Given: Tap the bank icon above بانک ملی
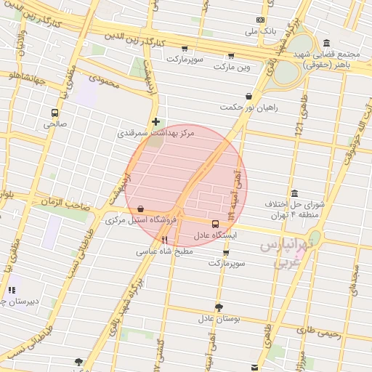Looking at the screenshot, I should (259, 20).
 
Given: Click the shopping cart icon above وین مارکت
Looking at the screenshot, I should (231, 55).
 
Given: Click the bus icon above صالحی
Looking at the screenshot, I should (54, 113).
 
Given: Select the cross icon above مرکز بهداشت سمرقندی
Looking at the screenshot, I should (155, 122).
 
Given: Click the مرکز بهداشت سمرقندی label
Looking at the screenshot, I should (149, 134).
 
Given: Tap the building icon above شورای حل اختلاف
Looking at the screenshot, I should (294, 193).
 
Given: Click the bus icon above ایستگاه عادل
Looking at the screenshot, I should (215, 224).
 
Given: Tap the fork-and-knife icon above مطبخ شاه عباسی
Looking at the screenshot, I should (165, 240).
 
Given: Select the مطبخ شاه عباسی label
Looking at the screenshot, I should (164, 252).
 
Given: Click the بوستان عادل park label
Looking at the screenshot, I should (219, 318).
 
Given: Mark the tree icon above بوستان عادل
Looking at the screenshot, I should (219, 307).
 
